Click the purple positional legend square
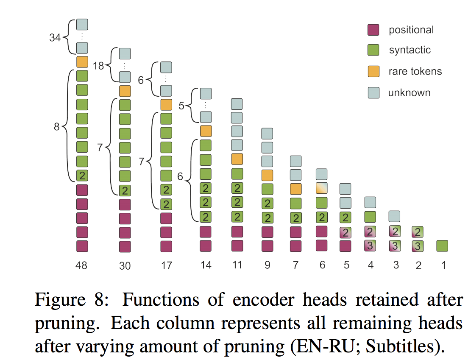(x=373, y=30)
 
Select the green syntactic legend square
(x=373, y=50)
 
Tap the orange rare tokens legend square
(x=373, y=71)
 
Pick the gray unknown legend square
(x=373, y=92)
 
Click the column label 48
(x=82, y=265)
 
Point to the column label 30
(x=125, y=266)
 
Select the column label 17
(x=167, y=265)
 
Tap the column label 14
(x=206, y=265)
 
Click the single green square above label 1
(x=442, y=246)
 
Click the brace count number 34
(x=55, y=38)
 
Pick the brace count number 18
(x=98, y=66)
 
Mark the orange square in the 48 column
(x=82, y=62)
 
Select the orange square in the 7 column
(x=295, y=189)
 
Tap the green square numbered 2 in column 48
(x=82, y=176)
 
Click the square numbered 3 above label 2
(x=417, y=246)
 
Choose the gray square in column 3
(x=394, y=216)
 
